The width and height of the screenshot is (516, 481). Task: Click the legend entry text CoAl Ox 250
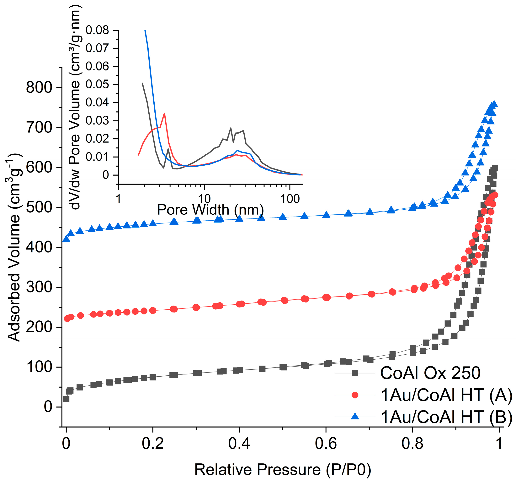430,373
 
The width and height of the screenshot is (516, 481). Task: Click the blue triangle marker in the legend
355,417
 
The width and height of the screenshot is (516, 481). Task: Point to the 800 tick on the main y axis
39,88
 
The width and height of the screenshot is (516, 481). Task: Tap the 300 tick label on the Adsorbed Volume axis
39,287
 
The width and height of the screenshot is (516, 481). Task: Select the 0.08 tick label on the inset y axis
97,30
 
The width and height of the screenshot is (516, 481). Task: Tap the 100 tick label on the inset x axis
290,199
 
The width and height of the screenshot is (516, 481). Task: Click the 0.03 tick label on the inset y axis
97,121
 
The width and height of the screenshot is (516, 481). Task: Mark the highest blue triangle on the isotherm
494,104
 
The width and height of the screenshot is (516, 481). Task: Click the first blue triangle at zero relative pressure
66,238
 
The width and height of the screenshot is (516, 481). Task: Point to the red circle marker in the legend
355,395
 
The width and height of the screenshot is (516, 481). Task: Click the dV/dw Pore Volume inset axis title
75,107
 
